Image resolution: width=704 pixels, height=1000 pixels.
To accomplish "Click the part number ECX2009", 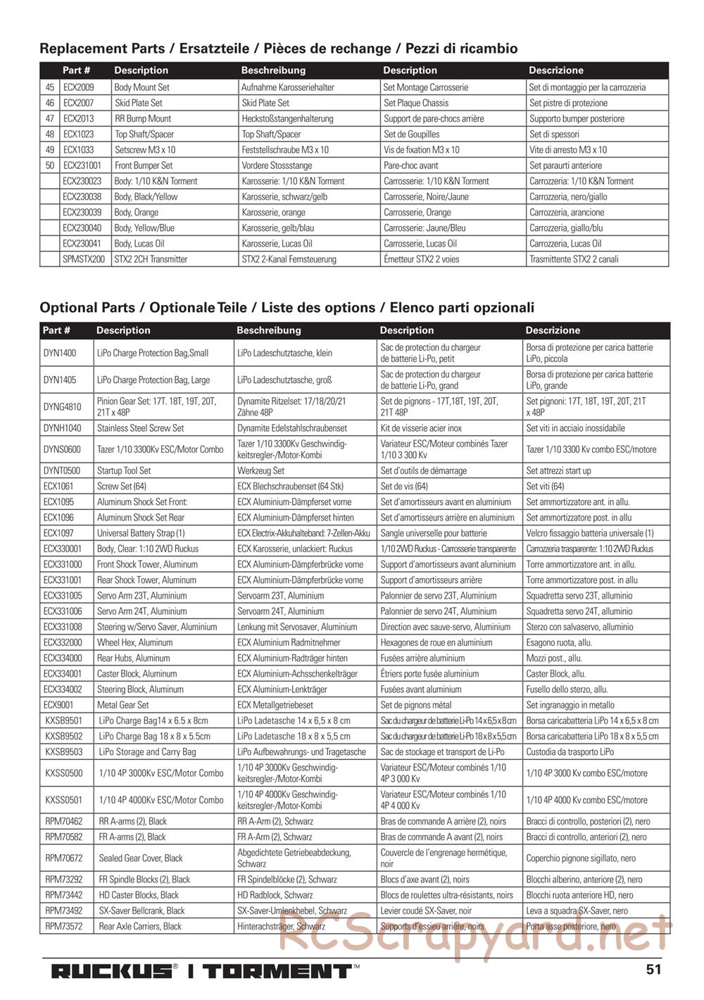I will (x=77, y=87).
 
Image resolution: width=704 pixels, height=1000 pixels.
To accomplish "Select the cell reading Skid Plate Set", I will (x=138, y=103).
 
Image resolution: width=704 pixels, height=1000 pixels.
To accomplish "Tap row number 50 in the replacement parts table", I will (x=49, y=165).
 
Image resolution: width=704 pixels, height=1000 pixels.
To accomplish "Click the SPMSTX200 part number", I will (x=83, y=259).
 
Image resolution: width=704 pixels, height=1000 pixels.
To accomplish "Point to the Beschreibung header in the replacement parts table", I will (x=273, y=70).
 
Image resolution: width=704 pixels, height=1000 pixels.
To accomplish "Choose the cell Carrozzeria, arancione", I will (x=566, y=212).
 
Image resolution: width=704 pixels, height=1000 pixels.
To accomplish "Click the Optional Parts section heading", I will (x=287, y=308).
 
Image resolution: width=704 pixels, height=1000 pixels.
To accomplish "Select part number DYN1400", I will (x=60, y=353).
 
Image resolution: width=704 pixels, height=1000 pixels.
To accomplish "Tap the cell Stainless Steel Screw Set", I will (x=140, y=428).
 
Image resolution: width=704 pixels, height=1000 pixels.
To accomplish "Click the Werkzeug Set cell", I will (x=260, y=470).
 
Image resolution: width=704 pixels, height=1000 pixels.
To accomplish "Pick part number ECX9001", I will (x=58, y=705).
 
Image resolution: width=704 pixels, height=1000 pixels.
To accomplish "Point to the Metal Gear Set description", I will (x=122, y=705).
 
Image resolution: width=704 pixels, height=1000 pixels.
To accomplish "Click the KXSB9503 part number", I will (x=63, y=752).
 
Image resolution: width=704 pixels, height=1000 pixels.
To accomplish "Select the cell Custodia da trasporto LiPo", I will (x=570, y=752).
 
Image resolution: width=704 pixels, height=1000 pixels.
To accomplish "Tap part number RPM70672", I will (x=63, y=858).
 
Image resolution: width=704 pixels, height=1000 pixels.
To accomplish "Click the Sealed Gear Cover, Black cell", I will (x=140, y=858).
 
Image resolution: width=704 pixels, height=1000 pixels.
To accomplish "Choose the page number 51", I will (x=653, y=969).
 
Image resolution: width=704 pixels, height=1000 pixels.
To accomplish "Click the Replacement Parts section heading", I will (x=278, y=49).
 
